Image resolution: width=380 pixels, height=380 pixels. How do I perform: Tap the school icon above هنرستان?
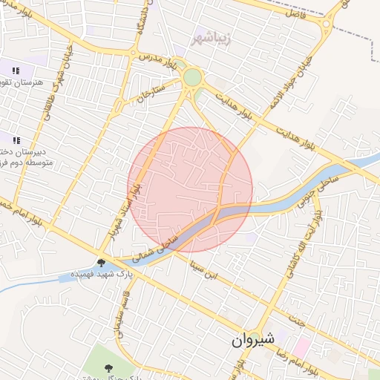pyautogui.click(x=16, y=71)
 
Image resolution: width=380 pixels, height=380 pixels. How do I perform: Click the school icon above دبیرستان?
pyautogui.click(x=16, y=140)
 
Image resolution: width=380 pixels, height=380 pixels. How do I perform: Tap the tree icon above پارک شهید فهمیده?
pyautogui.click(x=101, y=262)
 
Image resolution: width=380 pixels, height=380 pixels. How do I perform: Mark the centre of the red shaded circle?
pyautogui.click(x=190, y=190)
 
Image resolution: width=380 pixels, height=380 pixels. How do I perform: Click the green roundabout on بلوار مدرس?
pyautogui.click(x=192, y=77)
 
